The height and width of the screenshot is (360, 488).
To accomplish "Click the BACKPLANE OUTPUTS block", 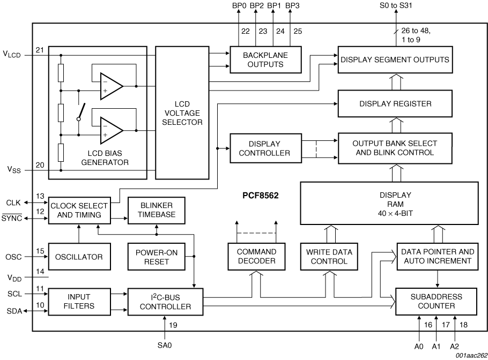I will (x=265, y=59).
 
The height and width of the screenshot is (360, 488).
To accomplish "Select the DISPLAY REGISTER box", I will (x=395, y=103).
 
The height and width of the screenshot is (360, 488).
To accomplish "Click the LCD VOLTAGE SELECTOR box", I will (x=182, y=112).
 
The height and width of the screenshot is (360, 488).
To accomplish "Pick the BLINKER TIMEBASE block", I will (x=156, y=210).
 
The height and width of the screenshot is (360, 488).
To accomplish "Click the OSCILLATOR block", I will (x=78, y=257).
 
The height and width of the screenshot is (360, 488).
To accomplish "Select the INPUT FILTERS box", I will (x=78, y=301).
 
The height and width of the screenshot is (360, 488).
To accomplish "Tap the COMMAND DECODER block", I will (x=256, y=256).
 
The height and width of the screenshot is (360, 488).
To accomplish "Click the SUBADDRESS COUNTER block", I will (x=437, y=301).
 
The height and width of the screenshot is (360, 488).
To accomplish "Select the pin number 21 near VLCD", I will (x=40, y=50).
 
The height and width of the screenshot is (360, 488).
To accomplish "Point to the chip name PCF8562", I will (x=260, y=196).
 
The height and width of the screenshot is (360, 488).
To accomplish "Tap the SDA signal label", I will (x=14, y=311).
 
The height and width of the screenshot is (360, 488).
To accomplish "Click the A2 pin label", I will (x=454, y=346).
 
